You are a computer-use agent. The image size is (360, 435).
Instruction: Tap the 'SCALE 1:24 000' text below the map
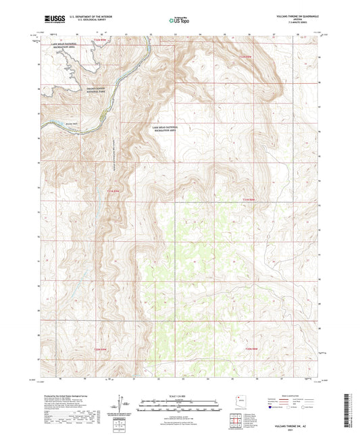coord(180,396)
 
